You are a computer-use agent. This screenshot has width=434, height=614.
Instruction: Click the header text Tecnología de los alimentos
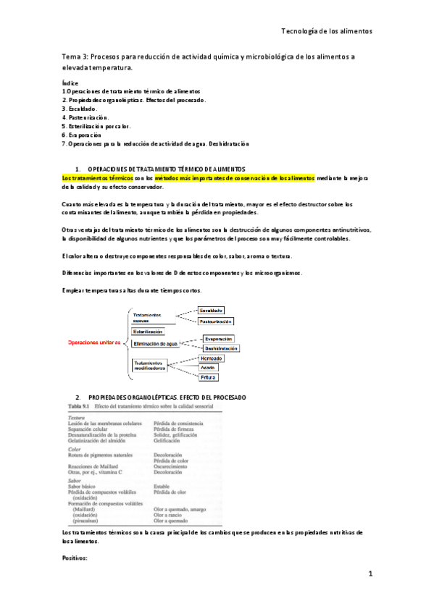point(326,32)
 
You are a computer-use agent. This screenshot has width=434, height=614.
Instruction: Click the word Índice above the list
point(70,83)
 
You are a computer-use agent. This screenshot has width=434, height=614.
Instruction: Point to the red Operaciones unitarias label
point(94,342)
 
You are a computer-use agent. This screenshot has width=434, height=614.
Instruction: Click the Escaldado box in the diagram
point(211,310)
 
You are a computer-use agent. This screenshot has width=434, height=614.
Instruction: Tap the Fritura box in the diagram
point(209,377)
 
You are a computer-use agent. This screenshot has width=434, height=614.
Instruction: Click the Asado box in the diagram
point(208,367)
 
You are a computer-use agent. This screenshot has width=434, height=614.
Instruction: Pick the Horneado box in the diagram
point(211,358)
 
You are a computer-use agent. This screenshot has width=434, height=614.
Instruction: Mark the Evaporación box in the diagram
point(218,338)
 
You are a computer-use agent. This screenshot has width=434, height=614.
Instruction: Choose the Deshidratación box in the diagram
point(221,348)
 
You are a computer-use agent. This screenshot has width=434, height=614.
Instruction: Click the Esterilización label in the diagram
point(148,331)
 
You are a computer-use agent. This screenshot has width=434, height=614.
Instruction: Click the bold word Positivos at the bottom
point(75,559)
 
